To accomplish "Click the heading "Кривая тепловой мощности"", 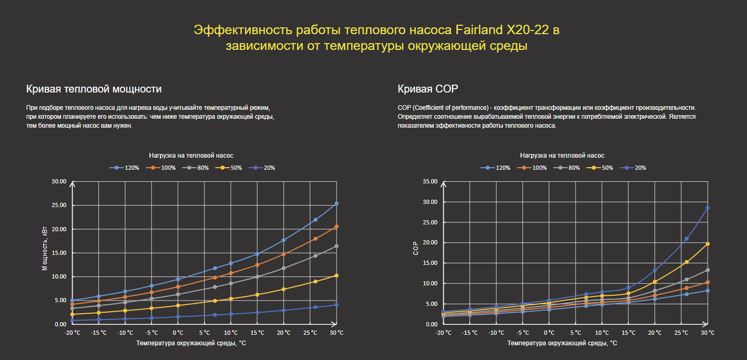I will coord(94,89).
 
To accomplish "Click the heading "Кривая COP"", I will coord(428,89).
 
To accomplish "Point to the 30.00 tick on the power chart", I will coord(59,182).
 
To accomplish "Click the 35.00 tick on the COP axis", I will coord(430,182).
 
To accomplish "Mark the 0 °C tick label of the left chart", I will coord(178,333).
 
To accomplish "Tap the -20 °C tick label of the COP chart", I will coord(444,333).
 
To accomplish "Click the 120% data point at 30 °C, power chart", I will coord(336,203).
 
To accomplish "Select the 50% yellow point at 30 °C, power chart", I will coord(336,275).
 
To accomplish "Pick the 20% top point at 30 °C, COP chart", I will coord(708,208).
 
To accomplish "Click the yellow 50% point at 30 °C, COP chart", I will coord(708,244).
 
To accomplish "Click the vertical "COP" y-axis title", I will coord(416,248).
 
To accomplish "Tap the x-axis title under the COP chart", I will coord(562,343).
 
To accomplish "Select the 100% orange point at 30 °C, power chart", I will coord(336,227).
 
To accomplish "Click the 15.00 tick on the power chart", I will coord(59,253).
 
